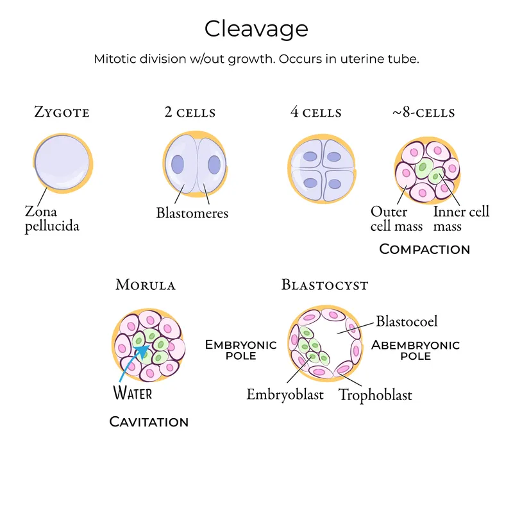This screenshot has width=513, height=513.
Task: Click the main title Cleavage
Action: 256,29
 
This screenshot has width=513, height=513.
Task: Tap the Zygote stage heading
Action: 62,113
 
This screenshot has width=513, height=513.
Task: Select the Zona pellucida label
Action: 52,219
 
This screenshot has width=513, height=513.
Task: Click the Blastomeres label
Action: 192,213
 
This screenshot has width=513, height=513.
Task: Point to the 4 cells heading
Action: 315,113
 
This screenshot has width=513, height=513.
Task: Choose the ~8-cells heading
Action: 423,113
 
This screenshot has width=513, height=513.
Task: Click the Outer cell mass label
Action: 396,219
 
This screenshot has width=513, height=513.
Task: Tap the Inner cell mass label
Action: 461,219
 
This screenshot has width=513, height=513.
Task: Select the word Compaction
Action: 425,249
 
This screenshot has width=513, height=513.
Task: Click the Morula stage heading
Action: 146,285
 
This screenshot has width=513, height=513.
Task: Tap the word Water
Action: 133,392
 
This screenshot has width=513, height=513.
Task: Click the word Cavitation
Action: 149,422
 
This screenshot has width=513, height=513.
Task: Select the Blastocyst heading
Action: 325,285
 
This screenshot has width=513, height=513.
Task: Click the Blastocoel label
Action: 407,321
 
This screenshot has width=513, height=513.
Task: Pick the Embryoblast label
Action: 285,394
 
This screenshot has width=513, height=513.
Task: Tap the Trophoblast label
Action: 375,394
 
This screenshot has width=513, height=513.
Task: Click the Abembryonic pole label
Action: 416,350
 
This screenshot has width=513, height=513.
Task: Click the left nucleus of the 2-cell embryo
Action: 178,163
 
